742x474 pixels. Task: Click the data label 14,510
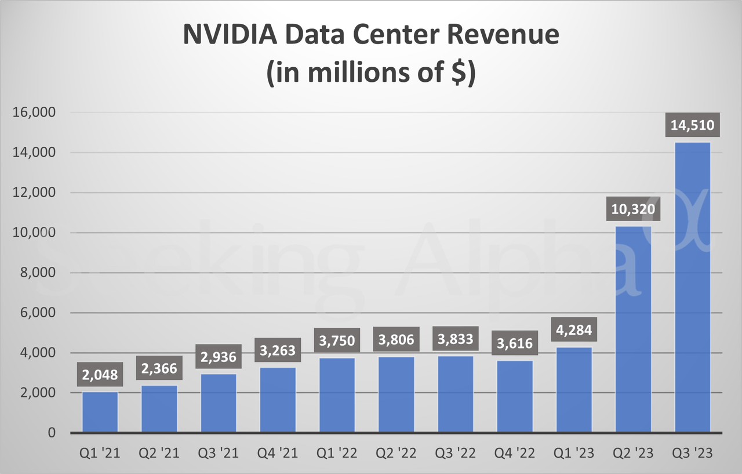[693, 125]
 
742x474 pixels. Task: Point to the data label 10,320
[634, 209]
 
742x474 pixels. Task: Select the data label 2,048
[100, 375]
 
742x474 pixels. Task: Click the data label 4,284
[574, 330]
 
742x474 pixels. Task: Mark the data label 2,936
[219, 357]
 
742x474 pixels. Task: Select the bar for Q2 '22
[396, 395]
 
